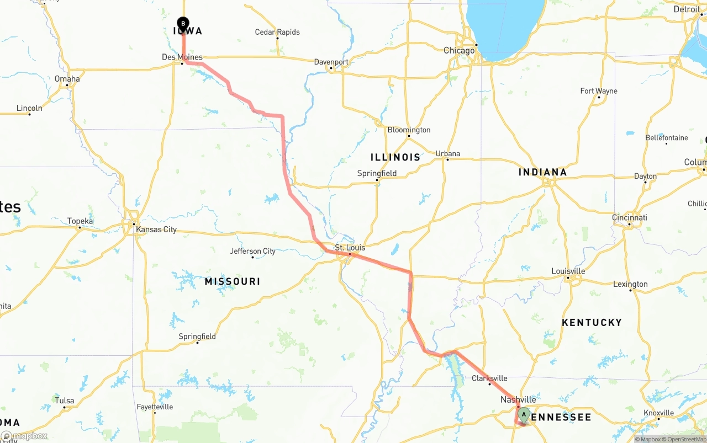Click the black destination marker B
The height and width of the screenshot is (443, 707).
tap(183, 24)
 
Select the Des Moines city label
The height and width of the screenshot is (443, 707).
tap(182, 57)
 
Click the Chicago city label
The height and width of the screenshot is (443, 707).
tap(459, 50)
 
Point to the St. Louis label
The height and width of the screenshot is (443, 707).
tap(350, 248)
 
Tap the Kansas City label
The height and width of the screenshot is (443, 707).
tap(156, 229)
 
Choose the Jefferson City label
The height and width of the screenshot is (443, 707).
tap(252, 251)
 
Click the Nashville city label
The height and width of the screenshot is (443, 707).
tap(518, 399)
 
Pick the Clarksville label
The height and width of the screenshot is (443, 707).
tap(489, 378)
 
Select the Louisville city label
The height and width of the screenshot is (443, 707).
tap(568, 271)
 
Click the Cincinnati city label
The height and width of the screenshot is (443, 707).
tap(629, 217)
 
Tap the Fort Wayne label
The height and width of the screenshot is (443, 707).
tap(599, 91)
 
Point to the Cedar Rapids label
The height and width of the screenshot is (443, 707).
tap(277, 32)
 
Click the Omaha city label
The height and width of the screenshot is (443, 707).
tap(67, 79)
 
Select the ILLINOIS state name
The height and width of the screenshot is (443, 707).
tap(395, 157)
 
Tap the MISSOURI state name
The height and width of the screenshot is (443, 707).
tap(232, 281)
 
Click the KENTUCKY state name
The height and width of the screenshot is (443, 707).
tap(592, 322)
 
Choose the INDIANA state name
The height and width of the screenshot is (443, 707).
tap(542, 172)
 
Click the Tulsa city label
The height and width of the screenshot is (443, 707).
tap(64, 401)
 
